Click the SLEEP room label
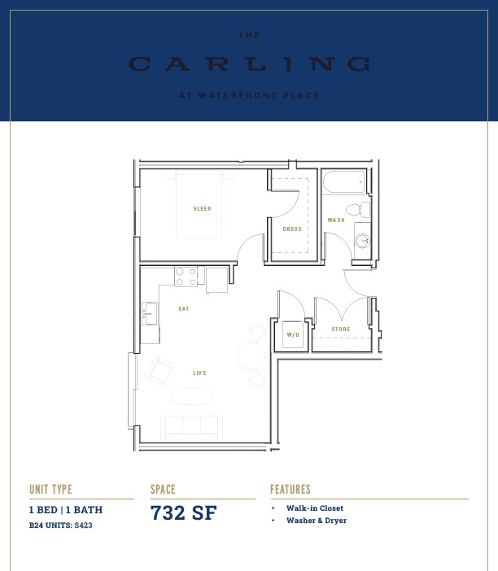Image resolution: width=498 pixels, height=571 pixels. pyautogui.click(x=202, y=209)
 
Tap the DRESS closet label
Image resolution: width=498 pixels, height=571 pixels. pyautogui.click(x=292, y=229)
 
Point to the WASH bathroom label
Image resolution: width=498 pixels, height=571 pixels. pyautogui.click(x=336, y=220)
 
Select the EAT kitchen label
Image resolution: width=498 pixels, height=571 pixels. pyautogui.click(x=184, y=309)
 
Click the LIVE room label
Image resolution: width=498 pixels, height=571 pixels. pyautogui.click(x=199, y=373)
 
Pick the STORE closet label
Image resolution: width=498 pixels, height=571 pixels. pyautogui.click(x=341, y=329)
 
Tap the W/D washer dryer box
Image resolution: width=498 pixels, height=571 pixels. pyautogui.click(x=293, y=334)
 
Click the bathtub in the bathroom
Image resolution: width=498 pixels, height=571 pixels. pyautogui.click(x=343, y=181)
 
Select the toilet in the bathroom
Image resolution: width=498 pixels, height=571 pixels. pyautogui.click(x=358, y=210)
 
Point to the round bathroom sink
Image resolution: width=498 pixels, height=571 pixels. pyautogui.click(x=362, y=241)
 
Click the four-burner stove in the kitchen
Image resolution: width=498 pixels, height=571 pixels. pyautogui.click(x=186, y=277)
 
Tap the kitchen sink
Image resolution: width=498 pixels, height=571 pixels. pyautogui.click(x=150, y=313)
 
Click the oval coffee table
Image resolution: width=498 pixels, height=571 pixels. pyautogui.click(x=191, y=396)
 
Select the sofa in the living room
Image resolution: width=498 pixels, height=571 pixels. pyautogui.click(x=191, y=428)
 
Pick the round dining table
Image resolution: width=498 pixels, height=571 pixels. pyautogui.click(x=251, y=355)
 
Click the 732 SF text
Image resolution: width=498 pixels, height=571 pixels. pyautogui.click(x=184, y=512)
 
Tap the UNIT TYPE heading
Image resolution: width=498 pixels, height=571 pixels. pyautogui.click(x=50, y=489)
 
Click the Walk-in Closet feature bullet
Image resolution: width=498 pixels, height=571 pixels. pyautogui.click(x=315, y=508)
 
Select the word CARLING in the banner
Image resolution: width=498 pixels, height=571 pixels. pyautogui.click(x=250, y=64)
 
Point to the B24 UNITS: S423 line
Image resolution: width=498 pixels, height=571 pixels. pyautogui.click(x=60, y=525)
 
